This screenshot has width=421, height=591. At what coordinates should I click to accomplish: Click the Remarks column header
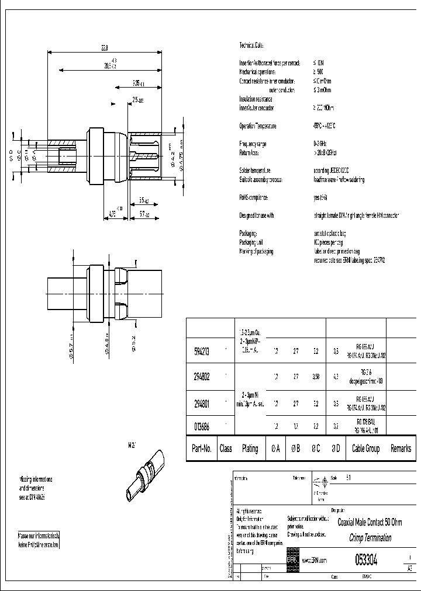pos(401,449)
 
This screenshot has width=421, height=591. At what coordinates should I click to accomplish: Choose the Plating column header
pos(250,449)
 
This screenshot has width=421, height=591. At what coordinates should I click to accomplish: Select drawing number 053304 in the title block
pos(366,560)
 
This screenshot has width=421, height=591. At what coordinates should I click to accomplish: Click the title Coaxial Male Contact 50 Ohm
pos(371,522)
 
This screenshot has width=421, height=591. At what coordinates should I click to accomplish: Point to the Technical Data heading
pos(252,45)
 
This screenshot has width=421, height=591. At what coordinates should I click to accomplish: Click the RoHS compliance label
pos(256,197)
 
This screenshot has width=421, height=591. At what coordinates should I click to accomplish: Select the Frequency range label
pos(254,143)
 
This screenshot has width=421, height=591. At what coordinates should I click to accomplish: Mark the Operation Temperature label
pos(258,126)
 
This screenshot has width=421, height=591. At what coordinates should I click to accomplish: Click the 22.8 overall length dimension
pos(103,47)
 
